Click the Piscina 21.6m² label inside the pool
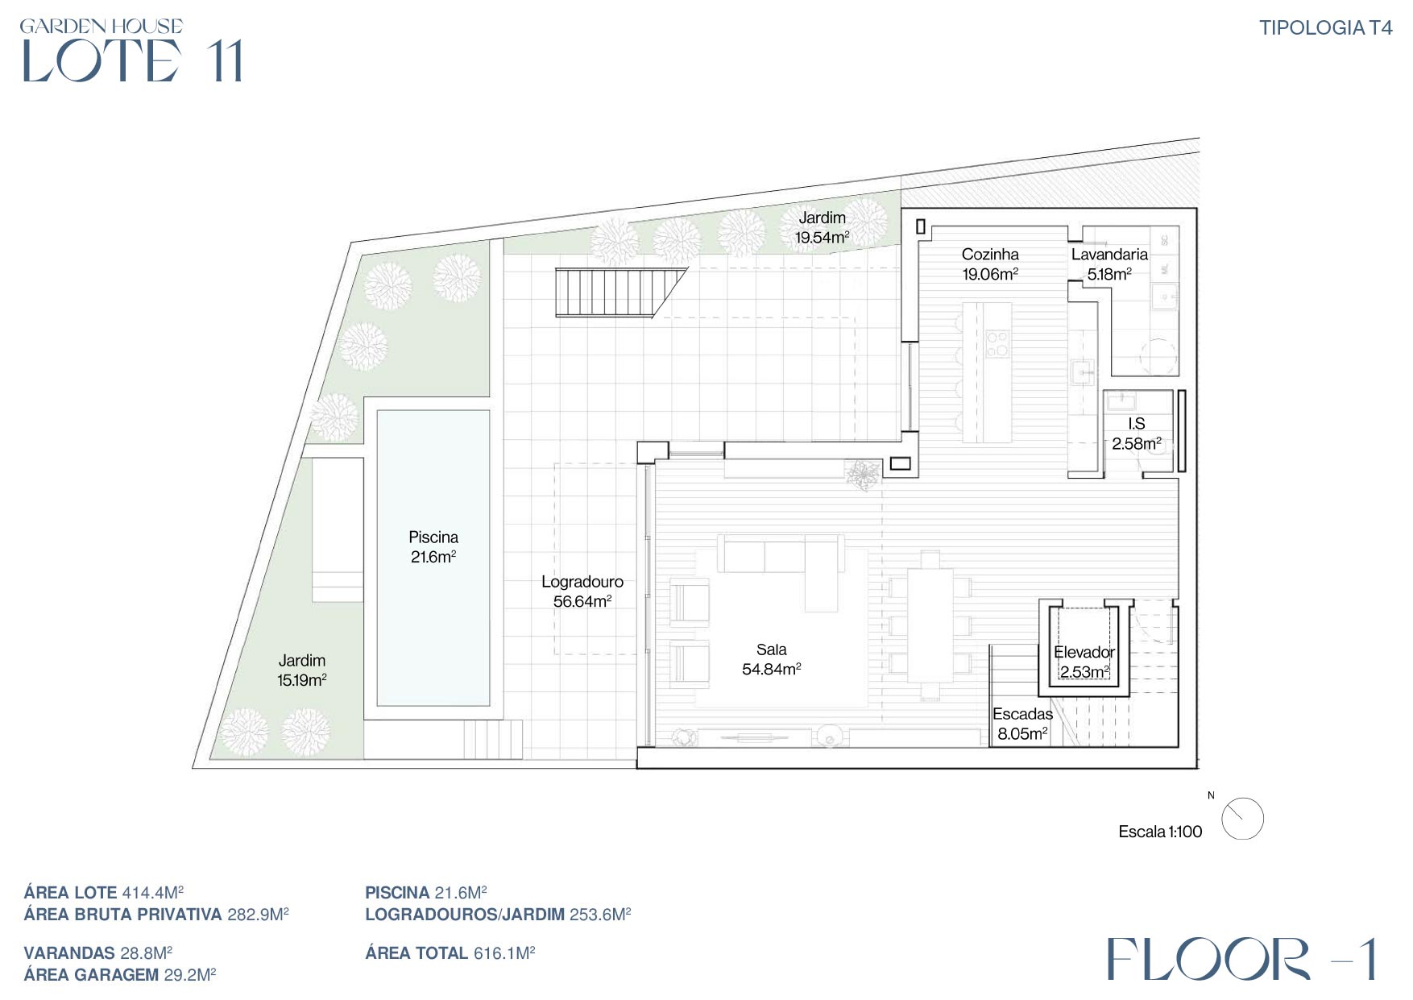tap(433, 547)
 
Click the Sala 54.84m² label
tap(771, 659)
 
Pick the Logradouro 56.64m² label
tap(582, 591)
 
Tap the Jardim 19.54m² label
tap(822, 227)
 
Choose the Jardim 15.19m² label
tap(302, 670)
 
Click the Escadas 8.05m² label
tap(1022, 724)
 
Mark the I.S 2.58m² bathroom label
tap(1137, 434)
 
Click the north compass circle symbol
tap(1242, 819)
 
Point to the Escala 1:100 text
tap(1160, 832)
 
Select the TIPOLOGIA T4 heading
tap(1326, 27)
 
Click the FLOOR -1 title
tap(1241, 958)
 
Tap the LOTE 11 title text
tap(131, 60)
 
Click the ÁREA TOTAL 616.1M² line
tap(450, 953)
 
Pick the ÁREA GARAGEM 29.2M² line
tap(120, 975)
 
